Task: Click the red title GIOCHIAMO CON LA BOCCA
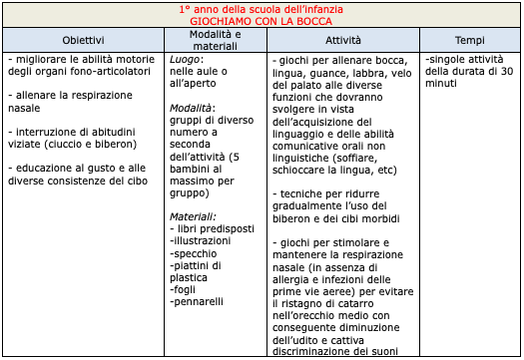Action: click(x=262, y=20)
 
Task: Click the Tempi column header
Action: click(x=470, y=39)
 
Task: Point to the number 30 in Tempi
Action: click(x=504, y=73)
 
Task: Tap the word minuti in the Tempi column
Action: click(x=443, y=86)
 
